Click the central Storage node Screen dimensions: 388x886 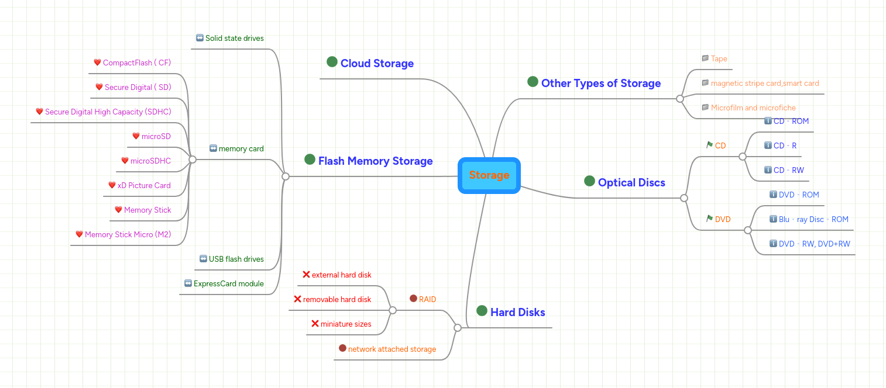(489, 175)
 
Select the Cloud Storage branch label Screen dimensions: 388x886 (377, 64)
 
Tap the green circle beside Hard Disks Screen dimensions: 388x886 (482, 311)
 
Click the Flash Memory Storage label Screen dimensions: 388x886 (375, 161)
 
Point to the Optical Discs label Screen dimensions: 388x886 (631, 183)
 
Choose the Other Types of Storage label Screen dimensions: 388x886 (600, 84)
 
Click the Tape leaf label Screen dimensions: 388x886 (719, 59)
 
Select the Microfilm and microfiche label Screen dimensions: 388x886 (753, 108)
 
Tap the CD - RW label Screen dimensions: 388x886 (788, 171)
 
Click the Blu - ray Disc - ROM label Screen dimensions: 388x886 (813, 220)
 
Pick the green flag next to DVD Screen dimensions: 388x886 (709, 219)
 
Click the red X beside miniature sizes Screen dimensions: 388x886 (315, 323)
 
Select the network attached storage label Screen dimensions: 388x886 (392, 349)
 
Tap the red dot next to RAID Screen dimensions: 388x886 (413, 299)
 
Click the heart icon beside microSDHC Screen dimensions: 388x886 (125, 161)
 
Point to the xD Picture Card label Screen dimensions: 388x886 (144, 186)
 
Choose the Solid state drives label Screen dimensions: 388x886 (234, 39)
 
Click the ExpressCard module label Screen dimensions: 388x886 (228, 284)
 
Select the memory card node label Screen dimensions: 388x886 (241, 149)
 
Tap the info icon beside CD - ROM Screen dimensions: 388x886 (768, 121)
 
